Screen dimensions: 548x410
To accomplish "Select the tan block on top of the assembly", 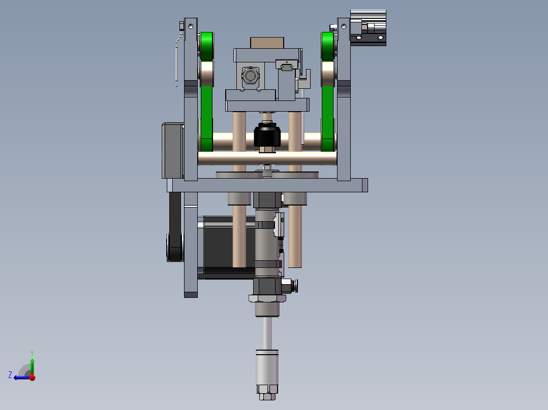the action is (267, 43).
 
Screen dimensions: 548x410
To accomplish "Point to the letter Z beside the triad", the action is (10, 375).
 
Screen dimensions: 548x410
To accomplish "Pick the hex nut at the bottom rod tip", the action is (267, 396).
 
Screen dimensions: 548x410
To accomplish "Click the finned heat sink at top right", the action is (368, 16).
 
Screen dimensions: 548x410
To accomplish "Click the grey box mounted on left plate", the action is (173, 150).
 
